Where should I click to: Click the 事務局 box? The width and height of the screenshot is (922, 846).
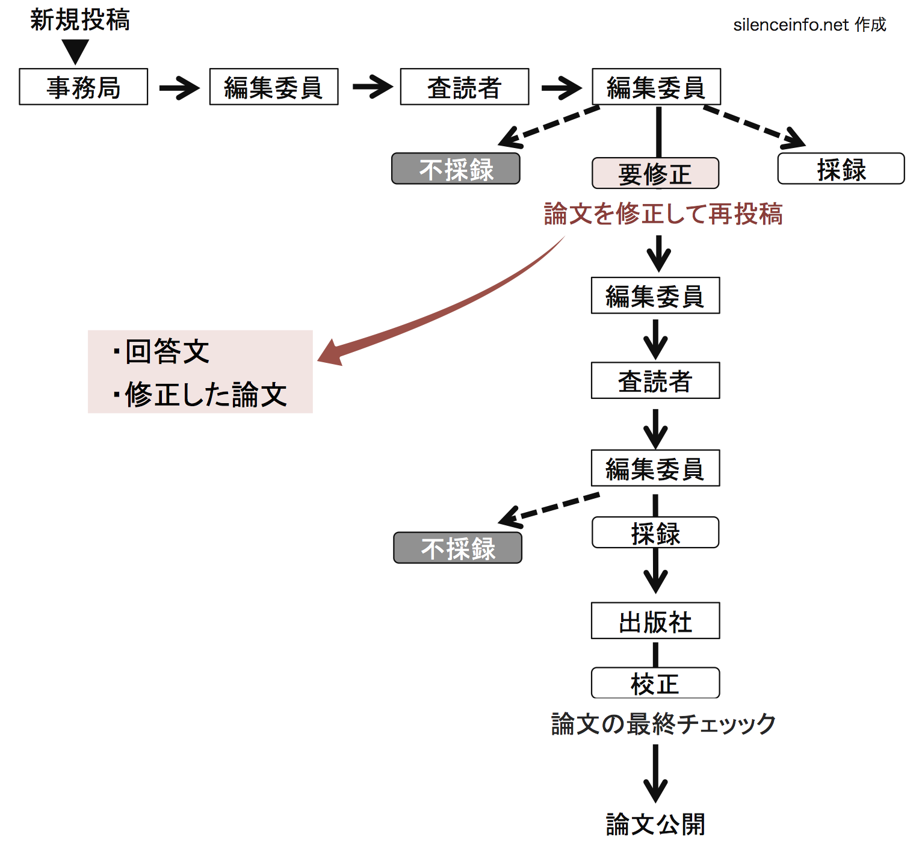[83, 87]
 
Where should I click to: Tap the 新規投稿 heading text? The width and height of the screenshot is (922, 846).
[79, 20]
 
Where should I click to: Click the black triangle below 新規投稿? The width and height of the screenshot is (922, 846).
[76, 51]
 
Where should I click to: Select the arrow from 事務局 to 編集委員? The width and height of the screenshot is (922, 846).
[179, 88]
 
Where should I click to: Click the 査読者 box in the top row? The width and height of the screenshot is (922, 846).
[464, 87]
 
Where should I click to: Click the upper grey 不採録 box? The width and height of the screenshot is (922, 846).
[456, 169]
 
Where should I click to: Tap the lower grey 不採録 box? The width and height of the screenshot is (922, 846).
[457, 548]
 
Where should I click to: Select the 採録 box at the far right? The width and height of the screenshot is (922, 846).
[841, 169]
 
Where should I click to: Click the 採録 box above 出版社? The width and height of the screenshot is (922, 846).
[655, 533]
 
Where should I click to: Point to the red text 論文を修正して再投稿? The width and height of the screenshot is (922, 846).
[663, 214]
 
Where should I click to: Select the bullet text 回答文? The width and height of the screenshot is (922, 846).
[167, 351]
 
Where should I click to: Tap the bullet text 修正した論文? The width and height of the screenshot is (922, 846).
[205, 394]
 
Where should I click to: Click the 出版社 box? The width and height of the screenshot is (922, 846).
[655, 621]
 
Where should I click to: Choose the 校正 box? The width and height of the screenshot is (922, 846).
[655, 683]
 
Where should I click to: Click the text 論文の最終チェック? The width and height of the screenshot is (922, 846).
[663, 723]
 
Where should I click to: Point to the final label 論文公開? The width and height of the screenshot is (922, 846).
[655, 823]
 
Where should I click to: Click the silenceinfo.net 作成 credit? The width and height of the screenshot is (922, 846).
[809, 25]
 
